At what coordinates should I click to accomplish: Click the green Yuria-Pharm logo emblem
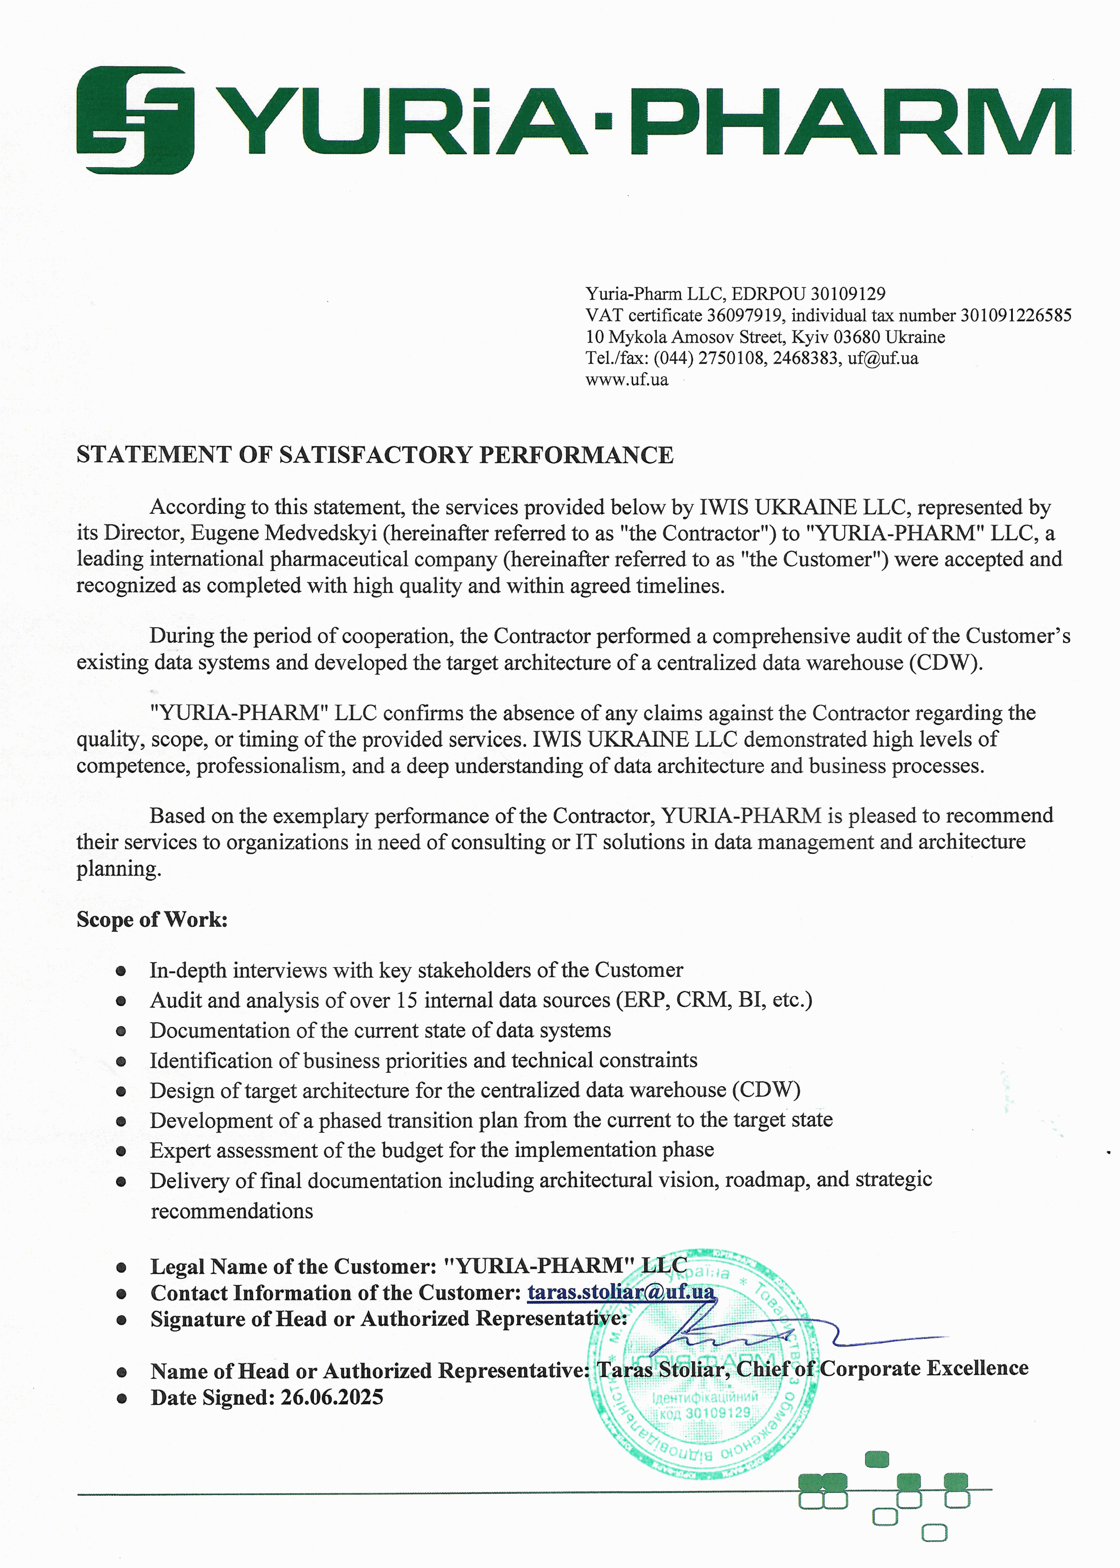(x=135, y=120)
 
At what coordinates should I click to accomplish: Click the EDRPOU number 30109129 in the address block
(x=847, y=294)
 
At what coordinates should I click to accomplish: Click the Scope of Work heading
(x=152, y=920)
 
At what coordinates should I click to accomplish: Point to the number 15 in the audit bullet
(x=407, y=1000)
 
